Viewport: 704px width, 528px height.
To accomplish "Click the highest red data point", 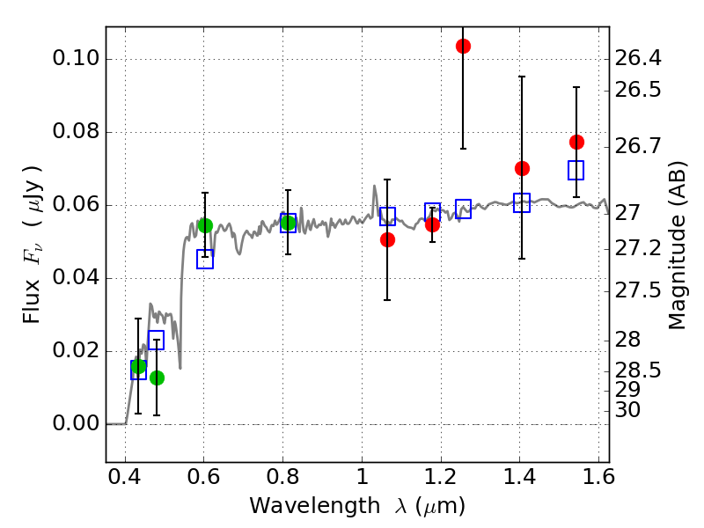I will [463, 46].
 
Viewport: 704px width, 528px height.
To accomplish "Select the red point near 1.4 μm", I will [522, 168].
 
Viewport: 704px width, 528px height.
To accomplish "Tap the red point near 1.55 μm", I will [576, 142].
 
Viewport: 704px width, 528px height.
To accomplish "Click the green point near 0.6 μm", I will [205, 225].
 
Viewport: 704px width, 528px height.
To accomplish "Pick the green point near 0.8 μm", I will [288, 223].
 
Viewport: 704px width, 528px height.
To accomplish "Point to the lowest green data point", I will [157, 378].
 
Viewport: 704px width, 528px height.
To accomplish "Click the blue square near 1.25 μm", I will [464, 209].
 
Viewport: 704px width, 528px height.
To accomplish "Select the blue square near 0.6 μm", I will [205, 259].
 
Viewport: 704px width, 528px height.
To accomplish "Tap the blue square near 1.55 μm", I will [576, 170].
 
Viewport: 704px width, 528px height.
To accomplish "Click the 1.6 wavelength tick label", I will [598, 481].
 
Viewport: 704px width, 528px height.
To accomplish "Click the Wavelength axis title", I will [357, 506].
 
